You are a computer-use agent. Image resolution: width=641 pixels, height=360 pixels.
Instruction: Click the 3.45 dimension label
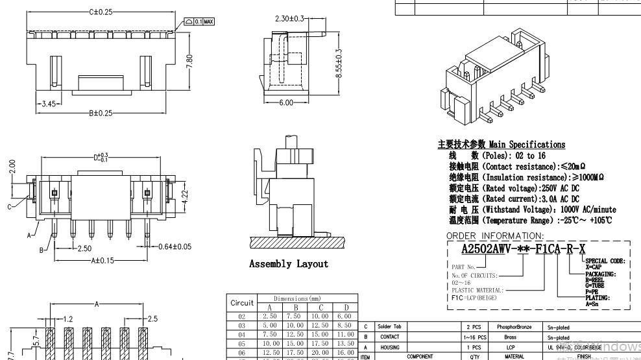pyautogui.click(x=49, y=104)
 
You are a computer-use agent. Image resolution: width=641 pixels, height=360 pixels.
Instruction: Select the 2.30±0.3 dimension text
pyautogui.click(x=289, y=19)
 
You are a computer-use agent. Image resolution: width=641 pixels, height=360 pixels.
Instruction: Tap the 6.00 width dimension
pyautogui.click(x=286, y=102)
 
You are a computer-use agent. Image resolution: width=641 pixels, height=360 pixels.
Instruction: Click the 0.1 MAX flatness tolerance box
pyautogui.click(x=200, y=21)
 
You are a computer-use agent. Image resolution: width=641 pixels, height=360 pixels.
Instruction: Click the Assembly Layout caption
pyautogui.click(x=289, y=264)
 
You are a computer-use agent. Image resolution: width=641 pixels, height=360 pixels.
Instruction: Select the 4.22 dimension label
pyautogui.click(x=185, y=195)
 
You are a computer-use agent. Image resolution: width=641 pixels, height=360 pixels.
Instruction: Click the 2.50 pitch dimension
pyautogui.click(x=84, y=249)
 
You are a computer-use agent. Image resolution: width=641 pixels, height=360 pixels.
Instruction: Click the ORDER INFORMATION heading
pyautogui.click(x=495, y=236)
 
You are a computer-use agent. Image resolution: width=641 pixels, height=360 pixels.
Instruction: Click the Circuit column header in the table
pyautogui.click(x=242, y=303)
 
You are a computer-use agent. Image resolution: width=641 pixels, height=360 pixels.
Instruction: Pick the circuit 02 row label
pyautogui.click(x=242, y=316)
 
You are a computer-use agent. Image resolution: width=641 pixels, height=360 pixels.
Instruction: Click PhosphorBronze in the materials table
pyautogui.click(x=514, y=327)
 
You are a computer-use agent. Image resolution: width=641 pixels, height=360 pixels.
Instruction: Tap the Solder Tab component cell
pyautogui.click(x=389, y=327)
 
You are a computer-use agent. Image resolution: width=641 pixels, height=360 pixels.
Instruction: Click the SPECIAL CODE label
pyautogui.click(x=605, y=261)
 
